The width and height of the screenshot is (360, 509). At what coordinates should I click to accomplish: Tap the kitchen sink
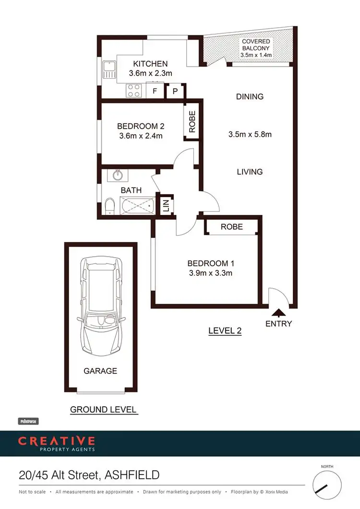click(x=108, y=71)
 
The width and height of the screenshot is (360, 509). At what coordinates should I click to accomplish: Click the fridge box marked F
click(x=155, y=91)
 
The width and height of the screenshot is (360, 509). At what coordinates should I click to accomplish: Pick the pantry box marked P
click(x=175, y=91)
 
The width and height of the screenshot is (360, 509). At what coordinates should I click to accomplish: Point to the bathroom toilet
click(x=109, y=207)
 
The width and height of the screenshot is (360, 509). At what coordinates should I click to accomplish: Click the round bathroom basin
click(x=118, y=175)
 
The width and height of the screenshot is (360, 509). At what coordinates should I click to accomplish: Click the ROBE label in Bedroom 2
click(x=192, y=122)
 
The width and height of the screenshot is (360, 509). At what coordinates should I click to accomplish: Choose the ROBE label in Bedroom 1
click(x=232, y=226)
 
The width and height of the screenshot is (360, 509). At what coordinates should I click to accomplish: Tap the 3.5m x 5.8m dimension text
click(x=250, y=134)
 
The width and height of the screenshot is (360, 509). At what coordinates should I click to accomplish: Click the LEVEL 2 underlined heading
click(x=225, y=331)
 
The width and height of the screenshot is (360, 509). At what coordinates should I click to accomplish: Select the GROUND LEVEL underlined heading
click(x=104, y=410)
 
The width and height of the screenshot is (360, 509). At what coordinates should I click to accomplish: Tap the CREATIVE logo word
click(x=56, y=441)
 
